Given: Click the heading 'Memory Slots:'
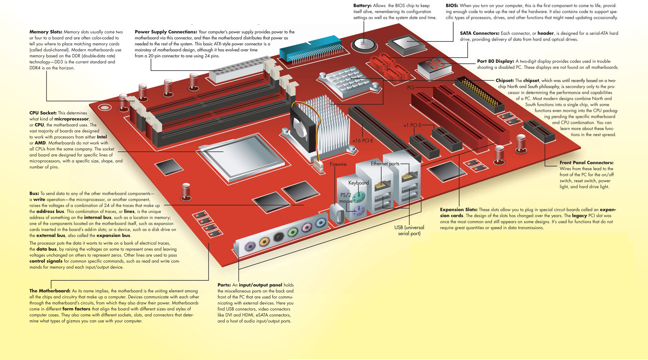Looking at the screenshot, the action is click(46, 32).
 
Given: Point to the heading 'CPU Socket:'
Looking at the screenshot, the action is click(43, 113).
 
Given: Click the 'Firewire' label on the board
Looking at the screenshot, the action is click(338, 164).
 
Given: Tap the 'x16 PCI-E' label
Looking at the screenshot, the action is click(363, 141).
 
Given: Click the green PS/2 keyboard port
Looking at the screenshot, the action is click(359, 197).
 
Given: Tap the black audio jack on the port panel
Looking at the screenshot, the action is click(278, 237).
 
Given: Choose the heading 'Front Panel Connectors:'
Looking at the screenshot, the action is click(586, 163).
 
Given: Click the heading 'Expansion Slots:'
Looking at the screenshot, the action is click(459, 210).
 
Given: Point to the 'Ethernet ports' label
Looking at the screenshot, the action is click(385, 164).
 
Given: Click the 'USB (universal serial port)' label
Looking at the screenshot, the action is click(409, 230).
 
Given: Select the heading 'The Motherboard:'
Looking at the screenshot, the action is click(50, 291).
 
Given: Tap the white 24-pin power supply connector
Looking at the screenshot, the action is click(239, 70).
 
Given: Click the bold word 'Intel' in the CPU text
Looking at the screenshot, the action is click(102, 137).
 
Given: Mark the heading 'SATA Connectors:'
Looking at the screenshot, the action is click(480, 33).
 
